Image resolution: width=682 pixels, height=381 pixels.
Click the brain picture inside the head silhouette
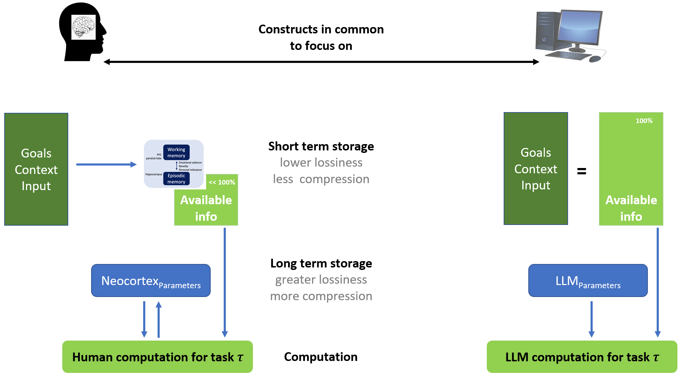coord(83,27)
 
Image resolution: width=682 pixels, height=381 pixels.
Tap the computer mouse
coord(595,59)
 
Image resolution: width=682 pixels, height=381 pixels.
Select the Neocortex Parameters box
coord(151,280)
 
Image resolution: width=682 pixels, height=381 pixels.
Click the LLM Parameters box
coord(588,280)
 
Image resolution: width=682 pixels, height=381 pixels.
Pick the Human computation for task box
coord(158,357)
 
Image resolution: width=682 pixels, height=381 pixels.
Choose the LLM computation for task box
coord(582,357)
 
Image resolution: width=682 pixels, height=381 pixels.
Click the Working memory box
coord(176,153)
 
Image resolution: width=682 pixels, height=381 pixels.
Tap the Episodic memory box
coord(176,179)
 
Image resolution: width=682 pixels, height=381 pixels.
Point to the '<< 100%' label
coord(222,182)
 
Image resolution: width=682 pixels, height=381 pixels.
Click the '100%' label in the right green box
coord(644,121)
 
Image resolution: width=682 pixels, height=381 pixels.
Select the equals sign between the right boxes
coord(582,171)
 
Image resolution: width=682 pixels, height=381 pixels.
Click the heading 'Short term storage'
coord(321,146)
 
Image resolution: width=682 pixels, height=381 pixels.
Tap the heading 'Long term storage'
coord(321,263)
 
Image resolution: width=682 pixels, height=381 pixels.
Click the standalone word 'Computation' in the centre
coord(321,357)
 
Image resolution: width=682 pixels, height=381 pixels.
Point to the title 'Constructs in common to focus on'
coord(321,37)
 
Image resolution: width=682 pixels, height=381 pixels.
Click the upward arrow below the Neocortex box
coord(159,319)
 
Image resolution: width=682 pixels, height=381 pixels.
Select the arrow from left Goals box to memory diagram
coord(107,164)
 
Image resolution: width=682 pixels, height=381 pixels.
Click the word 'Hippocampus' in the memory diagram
coord(154,174)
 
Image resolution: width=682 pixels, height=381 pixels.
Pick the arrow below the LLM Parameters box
coord(592,319)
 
